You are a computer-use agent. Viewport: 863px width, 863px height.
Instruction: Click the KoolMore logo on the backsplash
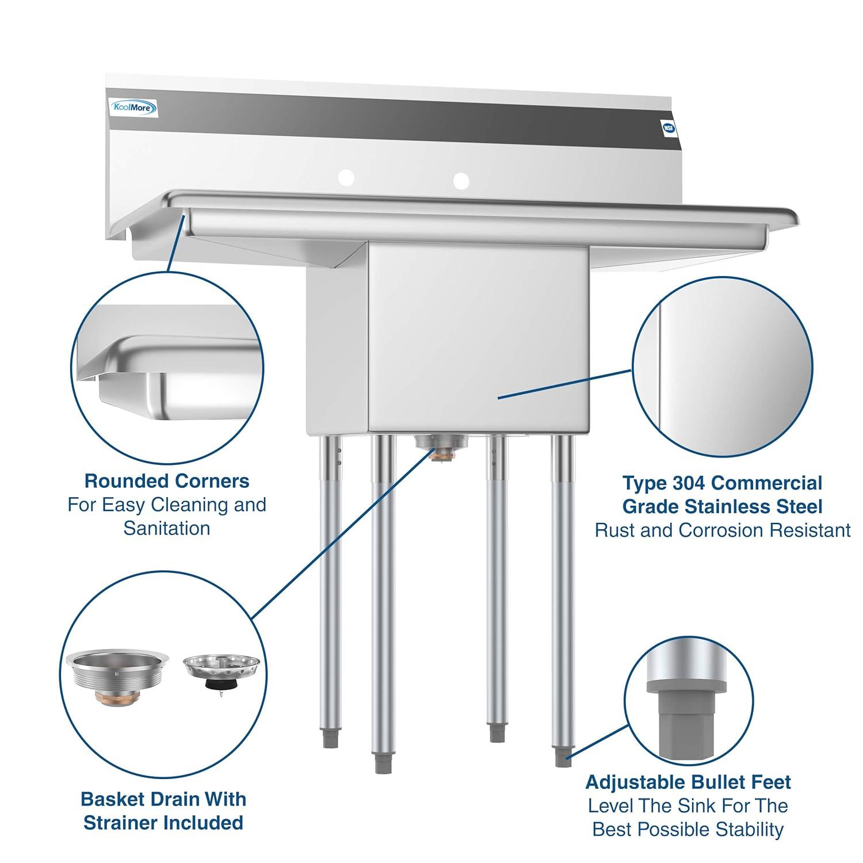pos(126,107)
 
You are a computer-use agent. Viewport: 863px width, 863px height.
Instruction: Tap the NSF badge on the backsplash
pos(669,128)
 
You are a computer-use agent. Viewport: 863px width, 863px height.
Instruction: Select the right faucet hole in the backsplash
pos(460,180)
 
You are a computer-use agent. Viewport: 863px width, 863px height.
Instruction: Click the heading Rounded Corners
pos(167,480)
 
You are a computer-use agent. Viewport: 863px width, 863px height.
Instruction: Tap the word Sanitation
pos(167,528)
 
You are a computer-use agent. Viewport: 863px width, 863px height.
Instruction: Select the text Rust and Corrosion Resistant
pos(722,530)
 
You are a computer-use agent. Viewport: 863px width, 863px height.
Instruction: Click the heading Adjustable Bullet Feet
pos(688,782)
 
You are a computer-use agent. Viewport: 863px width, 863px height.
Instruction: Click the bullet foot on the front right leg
pos(561,756)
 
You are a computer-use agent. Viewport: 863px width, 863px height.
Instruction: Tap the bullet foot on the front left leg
pos(380,763)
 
